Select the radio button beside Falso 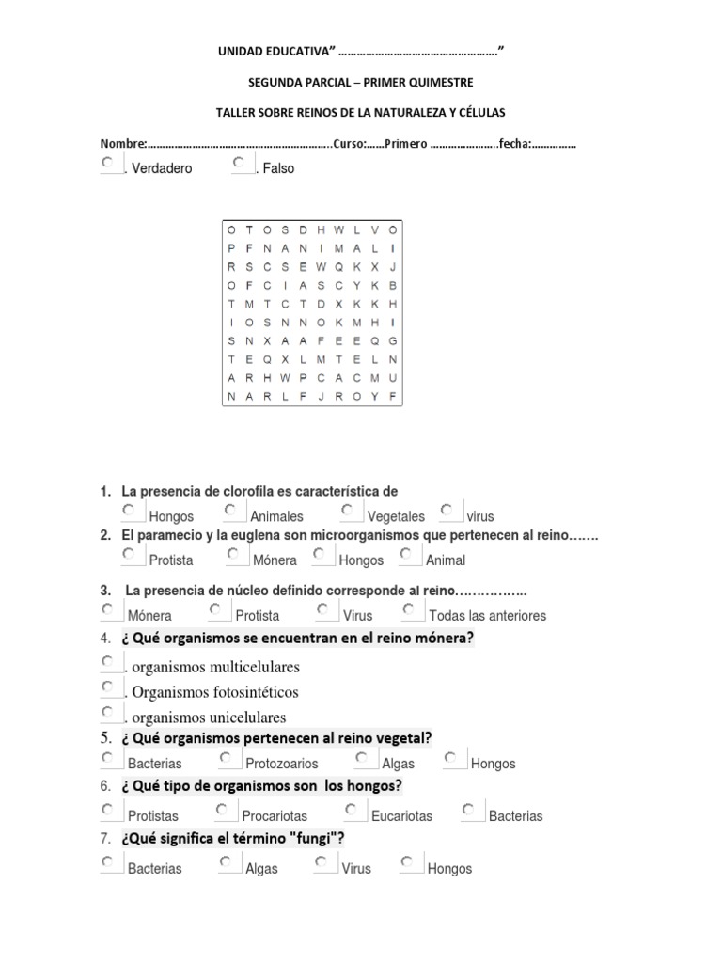click(x=239, y=163)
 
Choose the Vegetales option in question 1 click(x=347, y=510)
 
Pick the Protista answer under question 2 click(x=129, y=554)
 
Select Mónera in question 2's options click(x=233, y=554)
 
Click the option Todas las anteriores click(x=409, y=609)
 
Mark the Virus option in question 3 click(x=323, y=609)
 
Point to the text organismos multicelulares click(x=215, y=668)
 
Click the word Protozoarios click(x=281, y=764)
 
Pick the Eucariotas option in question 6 click(x=351, y=809)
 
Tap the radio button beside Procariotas click(x=222, y=809)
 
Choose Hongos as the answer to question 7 click(x=407, y=861)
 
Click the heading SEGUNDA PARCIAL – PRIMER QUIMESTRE click(x=361, y=83)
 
